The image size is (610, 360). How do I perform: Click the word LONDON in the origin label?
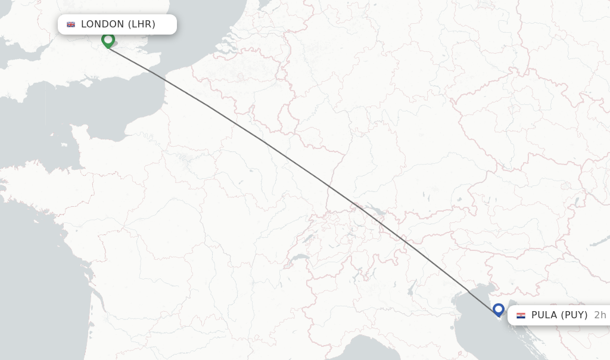click(x=102, y=24)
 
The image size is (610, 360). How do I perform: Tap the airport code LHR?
click(x=141, y=24)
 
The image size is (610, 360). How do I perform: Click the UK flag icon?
click(x=71, y=24)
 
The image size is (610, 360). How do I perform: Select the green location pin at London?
click(x=108, y=41)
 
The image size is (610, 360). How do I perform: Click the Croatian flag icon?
click(x=521, y=315)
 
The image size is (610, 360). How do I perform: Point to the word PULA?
click(x=543, y=315)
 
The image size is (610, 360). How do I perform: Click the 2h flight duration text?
click(x=599, y=315)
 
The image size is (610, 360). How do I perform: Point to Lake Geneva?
click(x=298, y=257)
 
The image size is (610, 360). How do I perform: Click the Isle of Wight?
click(x=89, y=78)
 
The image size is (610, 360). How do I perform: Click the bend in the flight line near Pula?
click(x=469, y=293)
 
